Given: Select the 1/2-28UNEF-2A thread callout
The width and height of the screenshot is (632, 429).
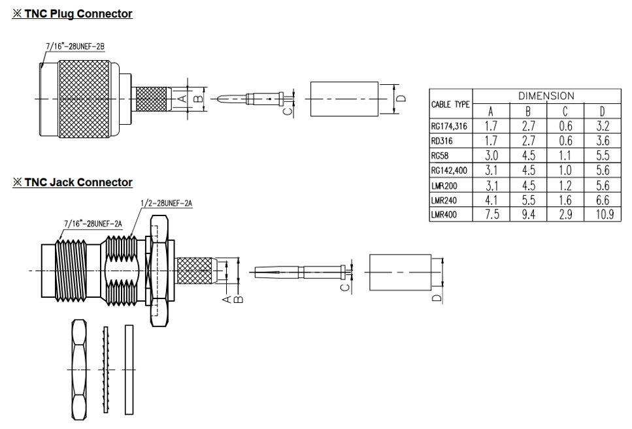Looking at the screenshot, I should (x=166, y=203).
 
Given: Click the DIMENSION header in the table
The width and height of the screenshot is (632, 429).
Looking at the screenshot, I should (x=546, y=96).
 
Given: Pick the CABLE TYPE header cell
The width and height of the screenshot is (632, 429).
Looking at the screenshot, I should (x=450, y=104).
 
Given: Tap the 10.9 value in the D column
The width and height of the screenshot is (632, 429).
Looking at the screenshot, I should (x=602, y=215).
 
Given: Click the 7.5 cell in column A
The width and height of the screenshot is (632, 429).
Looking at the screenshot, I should (x=491, y=215).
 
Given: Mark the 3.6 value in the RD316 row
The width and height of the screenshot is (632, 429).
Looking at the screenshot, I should (x=602, y=140).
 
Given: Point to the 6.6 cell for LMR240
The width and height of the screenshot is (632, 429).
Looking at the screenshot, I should (x=602, y=200).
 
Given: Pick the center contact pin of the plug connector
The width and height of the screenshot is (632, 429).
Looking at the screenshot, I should (x=252, y=100).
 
